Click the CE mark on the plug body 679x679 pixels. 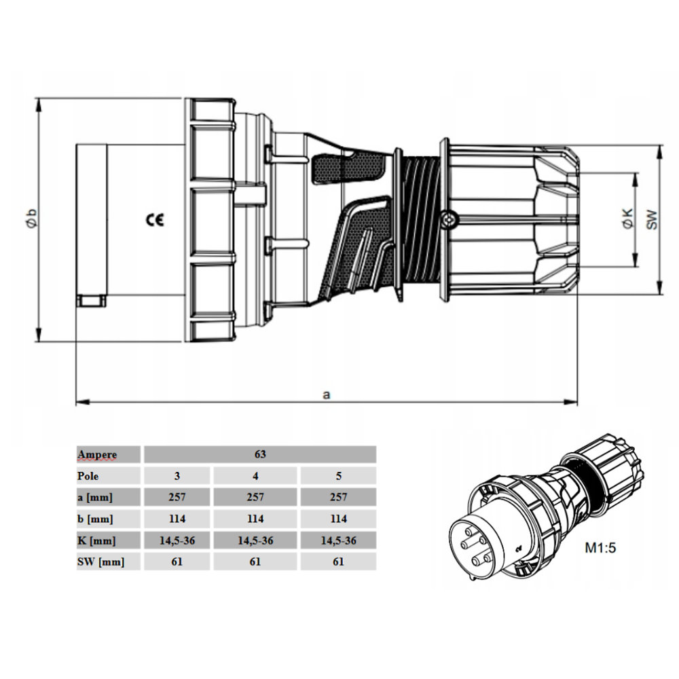(155, 221)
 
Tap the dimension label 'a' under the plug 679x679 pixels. (327, 395)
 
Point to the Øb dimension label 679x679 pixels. (31, 219)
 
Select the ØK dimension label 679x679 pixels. (627, 219)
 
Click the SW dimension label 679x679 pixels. (651, 219)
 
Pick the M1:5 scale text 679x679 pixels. (600, 548)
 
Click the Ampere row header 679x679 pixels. (97, 455)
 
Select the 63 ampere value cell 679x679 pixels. (260, 454)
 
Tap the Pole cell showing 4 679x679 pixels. (255, 476)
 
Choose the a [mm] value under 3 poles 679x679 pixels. (177, 497)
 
